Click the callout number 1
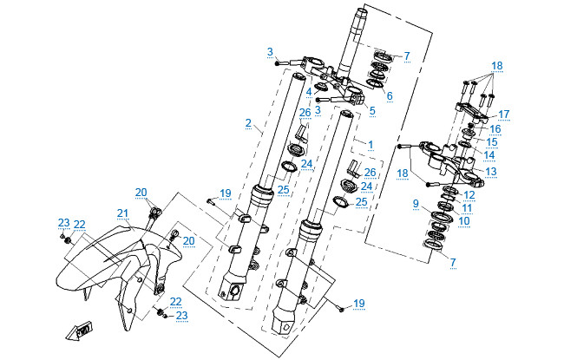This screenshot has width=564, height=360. coord(371,143)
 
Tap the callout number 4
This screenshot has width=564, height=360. coord(308,91)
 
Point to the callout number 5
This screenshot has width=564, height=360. coord(372,110)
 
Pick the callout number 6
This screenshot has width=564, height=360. coord(390,95)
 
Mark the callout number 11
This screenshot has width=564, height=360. coord(466,208)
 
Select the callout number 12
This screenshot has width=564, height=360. coord(469,195)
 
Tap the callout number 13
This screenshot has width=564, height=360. coord(490,172)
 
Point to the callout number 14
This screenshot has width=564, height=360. coord(489,155)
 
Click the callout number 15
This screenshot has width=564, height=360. coord(491,141)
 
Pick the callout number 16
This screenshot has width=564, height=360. coord(495,128)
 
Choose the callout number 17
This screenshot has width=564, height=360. coord(503,113)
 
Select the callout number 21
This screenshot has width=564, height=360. coord(121,213)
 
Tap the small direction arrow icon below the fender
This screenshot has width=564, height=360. coord(83,330)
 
